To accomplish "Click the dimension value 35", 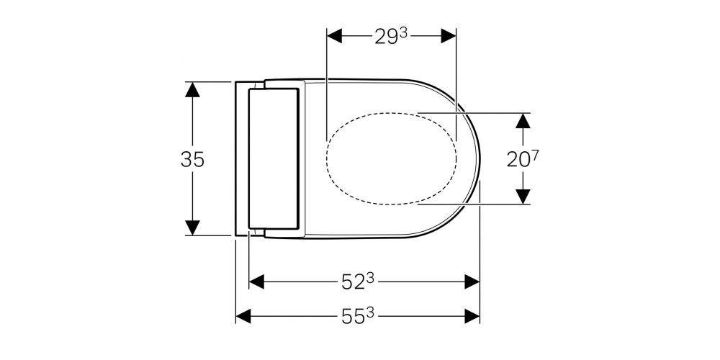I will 192,159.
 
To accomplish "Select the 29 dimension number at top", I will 386,37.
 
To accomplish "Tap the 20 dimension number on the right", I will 518,160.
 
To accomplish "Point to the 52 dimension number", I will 352,283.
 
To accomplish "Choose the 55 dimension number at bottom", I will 352,316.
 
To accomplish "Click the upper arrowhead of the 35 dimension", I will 192,89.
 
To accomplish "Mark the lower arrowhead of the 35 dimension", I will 192,228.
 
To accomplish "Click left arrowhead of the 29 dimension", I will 335,35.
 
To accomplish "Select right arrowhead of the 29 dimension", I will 449,35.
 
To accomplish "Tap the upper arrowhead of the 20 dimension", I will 523,120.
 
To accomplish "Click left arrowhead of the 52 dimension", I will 257,282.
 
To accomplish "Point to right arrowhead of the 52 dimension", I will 472,282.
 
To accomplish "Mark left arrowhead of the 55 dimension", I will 244,315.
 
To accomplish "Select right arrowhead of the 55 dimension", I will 472,315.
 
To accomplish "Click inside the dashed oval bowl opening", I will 392,159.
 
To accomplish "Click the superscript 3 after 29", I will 404,32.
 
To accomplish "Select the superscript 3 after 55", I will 370,312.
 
